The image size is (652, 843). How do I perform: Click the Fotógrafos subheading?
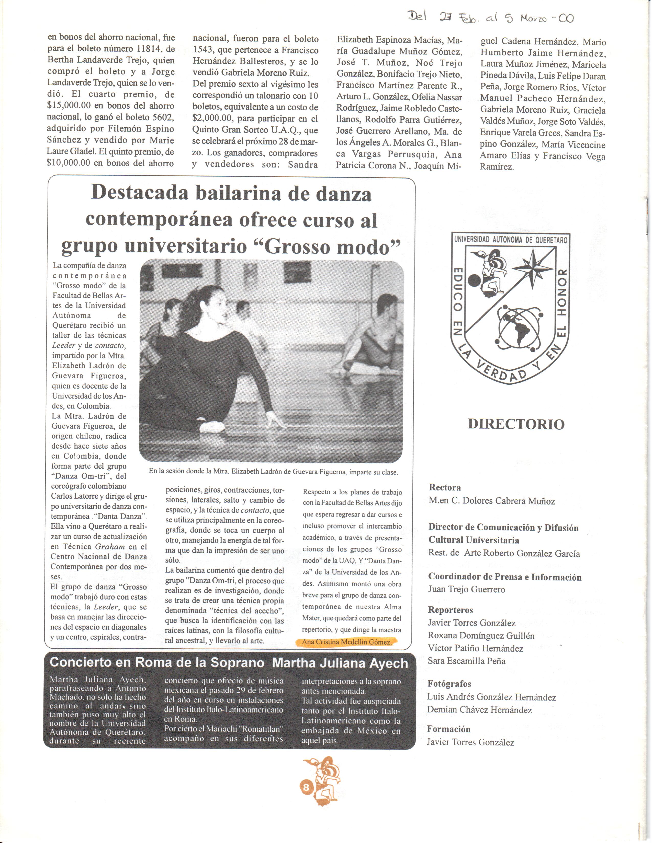pyautogui.click(x=449, y=684)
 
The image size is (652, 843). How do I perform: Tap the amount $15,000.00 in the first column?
pyautogui.click(x=68, y=106)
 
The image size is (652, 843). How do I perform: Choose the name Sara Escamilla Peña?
pyautogui.click(x=466, y=661)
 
